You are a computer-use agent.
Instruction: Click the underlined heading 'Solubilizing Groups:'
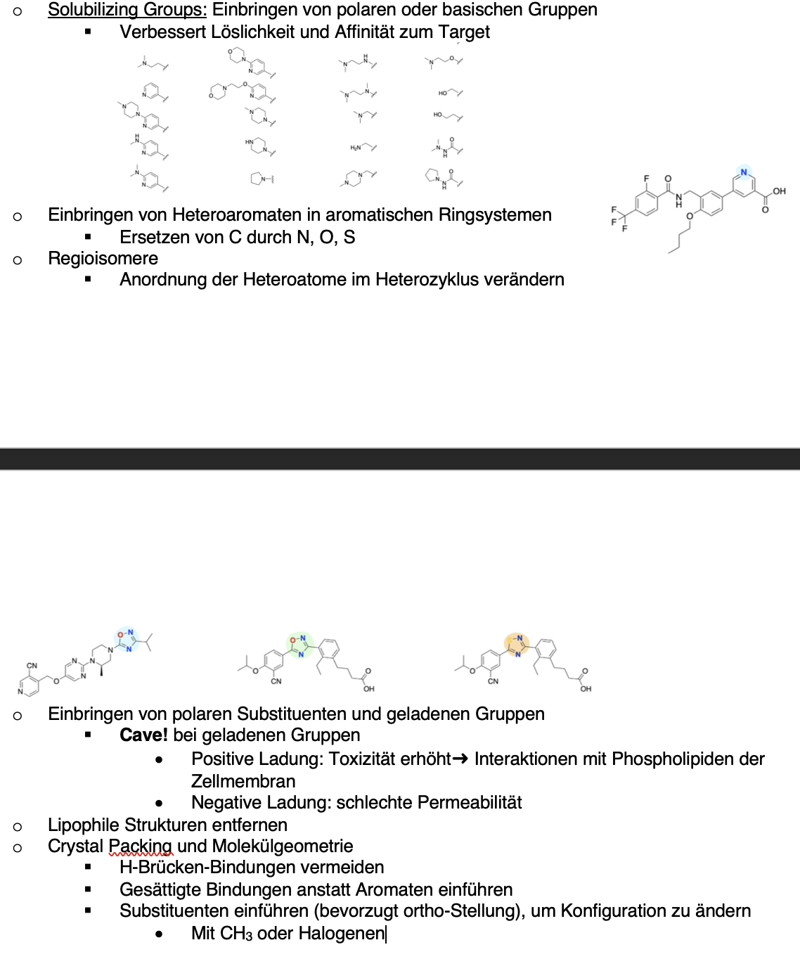coord(127,10)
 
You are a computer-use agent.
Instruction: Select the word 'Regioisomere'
coord(103,259)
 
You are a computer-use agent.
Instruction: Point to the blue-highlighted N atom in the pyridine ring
coord(744,172)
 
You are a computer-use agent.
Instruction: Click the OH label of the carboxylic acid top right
coord(779,191)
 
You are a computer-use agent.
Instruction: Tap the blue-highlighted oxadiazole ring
coord(127,638)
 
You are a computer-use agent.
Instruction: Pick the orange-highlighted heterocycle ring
coord(517,643)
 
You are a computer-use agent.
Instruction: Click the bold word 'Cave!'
coord(143,735)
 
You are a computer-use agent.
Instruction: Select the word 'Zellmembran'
coord(243,782)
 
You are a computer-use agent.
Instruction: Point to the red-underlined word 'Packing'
coord(141,847)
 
